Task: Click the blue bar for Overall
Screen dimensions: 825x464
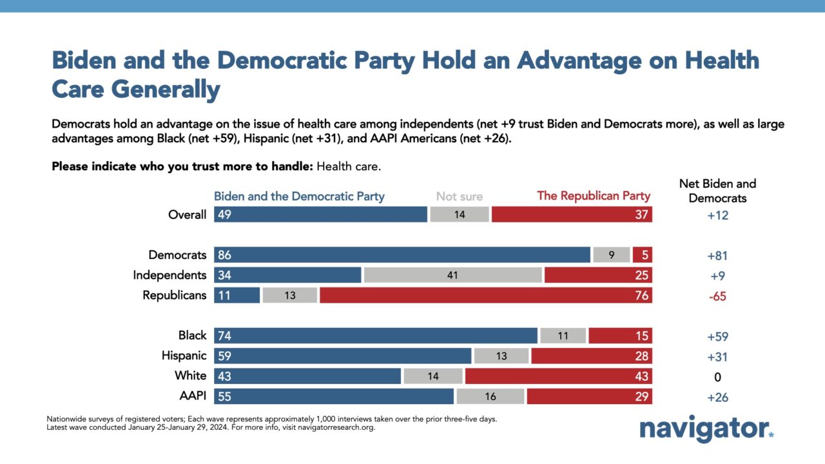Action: pos(320,215)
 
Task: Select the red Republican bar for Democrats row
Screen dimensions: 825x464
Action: pos(643,255)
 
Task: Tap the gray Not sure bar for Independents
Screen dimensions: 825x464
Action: pos(452,275)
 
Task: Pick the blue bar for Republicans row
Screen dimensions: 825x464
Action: pos(237,295)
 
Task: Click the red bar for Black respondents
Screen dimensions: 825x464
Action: pos(620,336)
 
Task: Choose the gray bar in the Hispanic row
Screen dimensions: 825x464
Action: pos(501,356)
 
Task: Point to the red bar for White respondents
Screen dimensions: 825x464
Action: pos(559,376)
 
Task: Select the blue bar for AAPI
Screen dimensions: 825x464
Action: pos(334,396)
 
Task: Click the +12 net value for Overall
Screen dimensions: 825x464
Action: pos(717,215)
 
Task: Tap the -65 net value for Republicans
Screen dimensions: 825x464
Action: pos(717,296)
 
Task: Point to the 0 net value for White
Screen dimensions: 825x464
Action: pos(717,377)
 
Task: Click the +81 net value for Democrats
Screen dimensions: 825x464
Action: pos(717,256)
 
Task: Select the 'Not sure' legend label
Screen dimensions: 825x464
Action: pos(460,197)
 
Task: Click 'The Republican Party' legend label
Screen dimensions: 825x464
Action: pos(594,196)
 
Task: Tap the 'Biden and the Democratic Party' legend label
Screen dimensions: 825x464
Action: pos(299,197)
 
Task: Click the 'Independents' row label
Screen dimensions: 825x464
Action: pos(170,275)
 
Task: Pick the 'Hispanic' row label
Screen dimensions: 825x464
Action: pos(184,356)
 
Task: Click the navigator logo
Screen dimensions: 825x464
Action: pos(706,429)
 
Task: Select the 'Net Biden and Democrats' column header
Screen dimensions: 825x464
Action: pos(717,191)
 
